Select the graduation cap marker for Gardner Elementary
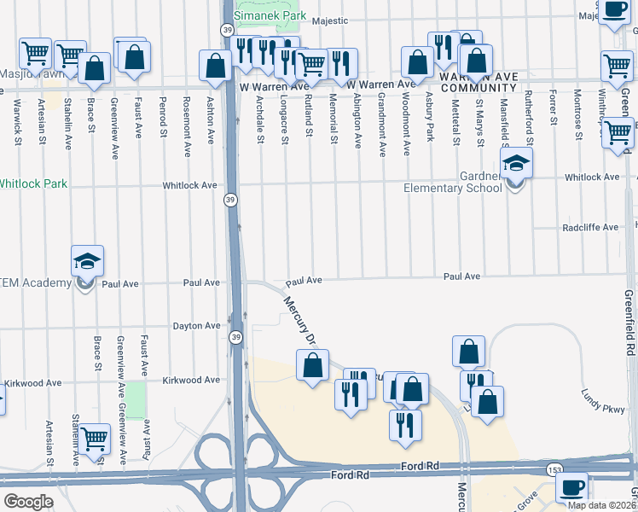tap(516, 163)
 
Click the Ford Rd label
tap(420, 466)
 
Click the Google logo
tap(28, 502)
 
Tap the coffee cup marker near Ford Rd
tap(572, 487)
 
